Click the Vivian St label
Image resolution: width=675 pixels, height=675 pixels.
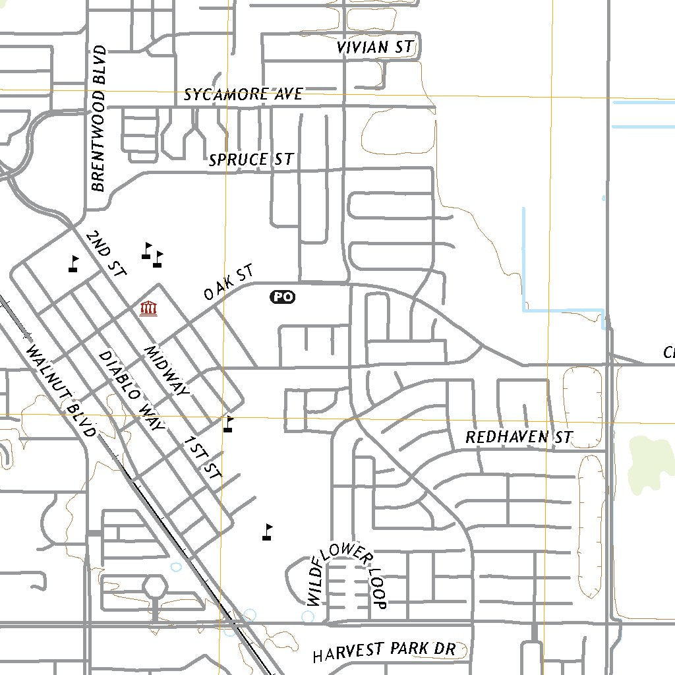pos(374,47)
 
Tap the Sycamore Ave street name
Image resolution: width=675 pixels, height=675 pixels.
pos(243,94)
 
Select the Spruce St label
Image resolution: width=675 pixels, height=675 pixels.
pos(250,160)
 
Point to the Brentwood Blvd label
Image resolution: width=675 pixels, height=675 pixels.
pos(98,119)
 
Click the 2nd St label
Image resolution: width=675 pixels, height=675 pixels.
pos(105,252)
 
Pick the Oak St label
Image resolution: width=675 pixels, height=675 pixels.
pos(228,283)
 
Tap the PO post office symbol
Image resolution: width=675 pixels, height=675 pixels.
pos(282,297)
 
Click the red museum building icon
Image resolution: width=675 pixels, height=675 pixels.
pos(148,308)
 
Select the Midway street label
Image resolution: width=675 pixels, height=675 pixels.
pos(166,370)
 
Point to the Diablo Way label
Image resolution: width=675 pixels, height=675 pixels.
pos(131,390)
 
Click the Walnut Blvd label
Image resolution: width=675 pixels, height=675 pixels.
pos(61,390)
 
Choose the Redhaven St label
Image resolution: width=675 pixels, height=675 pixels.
pos(519,437)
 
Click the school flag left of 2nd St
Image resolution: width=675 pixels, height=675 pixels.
pos(74,264)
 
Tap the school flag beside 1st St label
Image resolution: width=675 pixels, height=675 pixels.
pos(228,424)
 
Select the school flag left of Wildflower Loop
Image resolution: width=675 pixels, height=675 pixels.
pos(267,532)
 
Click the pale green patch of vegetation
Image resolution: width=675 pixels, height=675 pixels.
pos(647,461)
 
